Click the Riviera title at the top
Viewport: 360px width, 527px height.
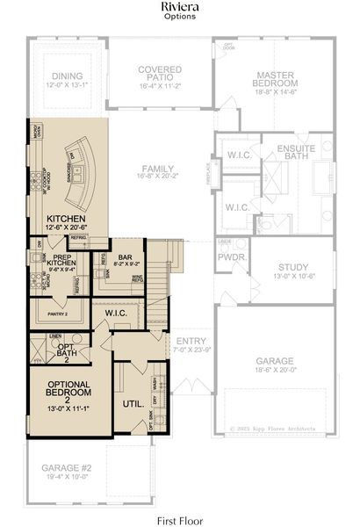[179, 8]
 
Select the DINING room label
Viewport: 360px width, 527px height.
[67, 76]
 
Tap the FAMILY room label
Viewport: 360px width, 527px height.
[158, 169]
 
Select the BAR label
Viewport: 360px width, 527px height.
[125, 256]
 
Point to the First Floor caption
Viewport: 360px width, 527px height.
[179, 519]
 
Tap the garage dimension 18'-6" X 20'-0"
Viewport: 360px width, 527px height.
[274, 371]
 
